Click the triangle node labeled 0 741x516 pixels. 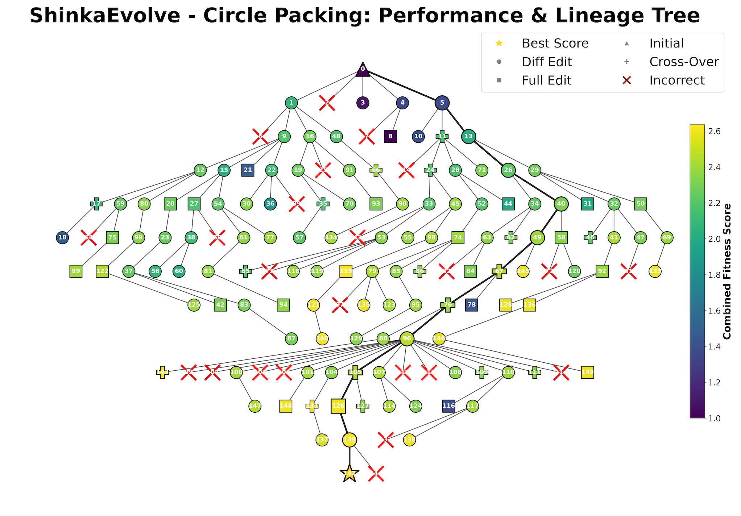point(363,70)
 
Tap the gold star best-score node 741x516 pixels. point(349,473)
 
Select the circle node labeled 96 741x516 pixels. point(407,339)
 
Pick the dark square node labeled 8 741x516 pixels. point(390,137)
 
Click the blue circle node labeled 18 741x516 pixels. point(62,238)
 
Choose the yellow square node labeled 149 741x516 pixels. point(587,372)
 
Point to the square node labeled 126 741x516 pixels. point(338,406)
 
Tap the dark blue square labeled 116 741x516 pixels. point(449,406)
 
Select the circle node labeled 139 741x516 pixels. point(349,440)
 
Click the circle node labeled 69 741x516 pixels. point(667,238)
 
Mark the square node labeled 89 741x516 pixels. point(76,271)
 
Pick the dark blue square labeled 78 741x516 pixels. point(471,305)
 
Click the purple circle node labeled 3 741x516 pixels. point(363,103)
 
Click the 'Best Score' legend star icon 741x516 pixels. point(499,43)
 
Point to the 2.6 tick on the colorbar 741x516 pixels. point(715,131)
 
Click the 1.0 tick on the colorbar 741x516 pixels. point(715,418)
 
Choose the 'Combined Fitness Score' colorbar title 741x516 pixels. point(727,271)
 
